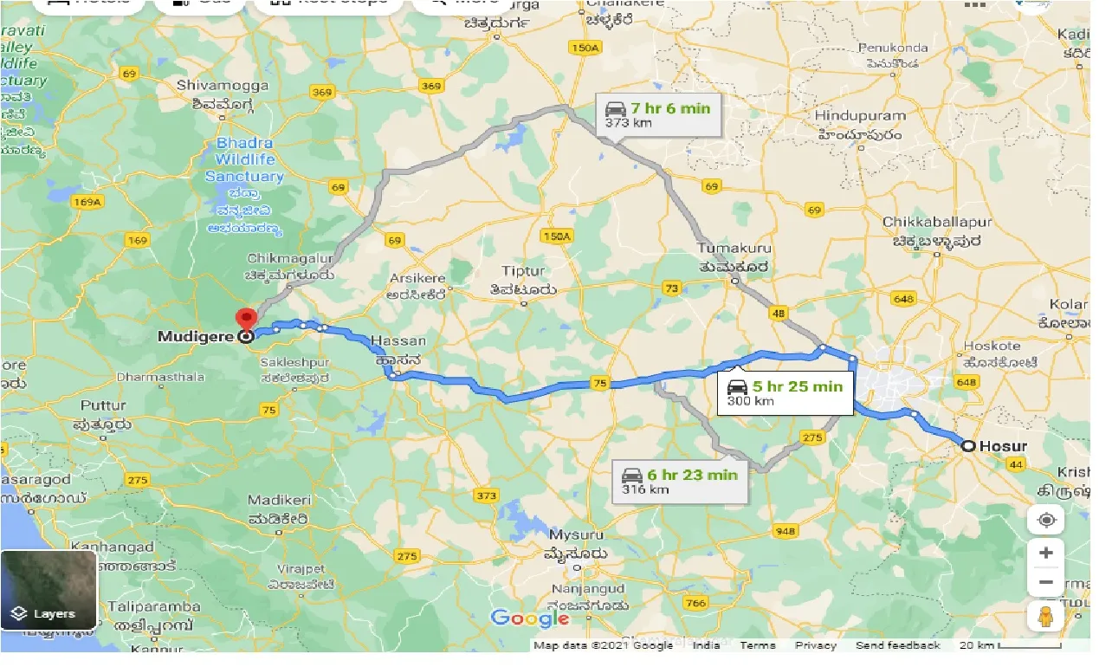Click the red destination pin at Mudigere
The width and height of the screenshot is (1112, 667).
point(247,319)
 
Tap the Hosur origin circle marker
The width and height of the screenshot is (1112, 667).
point(968,446)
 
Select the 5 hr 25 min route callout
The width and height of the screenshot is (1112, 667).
point(785,392)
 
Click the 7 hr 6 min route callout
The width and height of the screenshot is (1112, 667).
point(658,114)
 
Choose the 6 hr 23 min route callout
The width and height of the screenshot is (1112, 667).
point(680,482)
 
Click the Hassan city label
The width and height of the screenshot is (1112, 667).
point(398,340)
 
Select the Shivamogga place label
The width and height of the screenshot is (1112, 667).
point(214,85)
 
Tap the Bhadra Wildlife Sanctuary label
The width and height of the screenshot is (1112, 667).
point(244,159)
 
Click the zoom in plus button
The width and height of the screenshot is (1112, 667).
point(1046,553)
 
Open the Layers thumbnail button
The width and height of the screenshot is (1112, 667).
point(49,590)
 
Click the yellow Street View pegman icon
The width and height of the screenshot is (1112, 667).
point(1046,617)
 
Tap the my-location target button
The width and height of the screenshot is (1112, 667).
point(1046,520)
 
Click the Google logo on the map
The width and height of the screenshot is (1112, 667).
point(529,618)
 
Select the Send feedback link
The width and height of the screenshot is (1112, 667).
point(897,645)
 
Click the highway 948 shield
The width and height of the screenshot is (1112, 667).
point(786,531)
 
